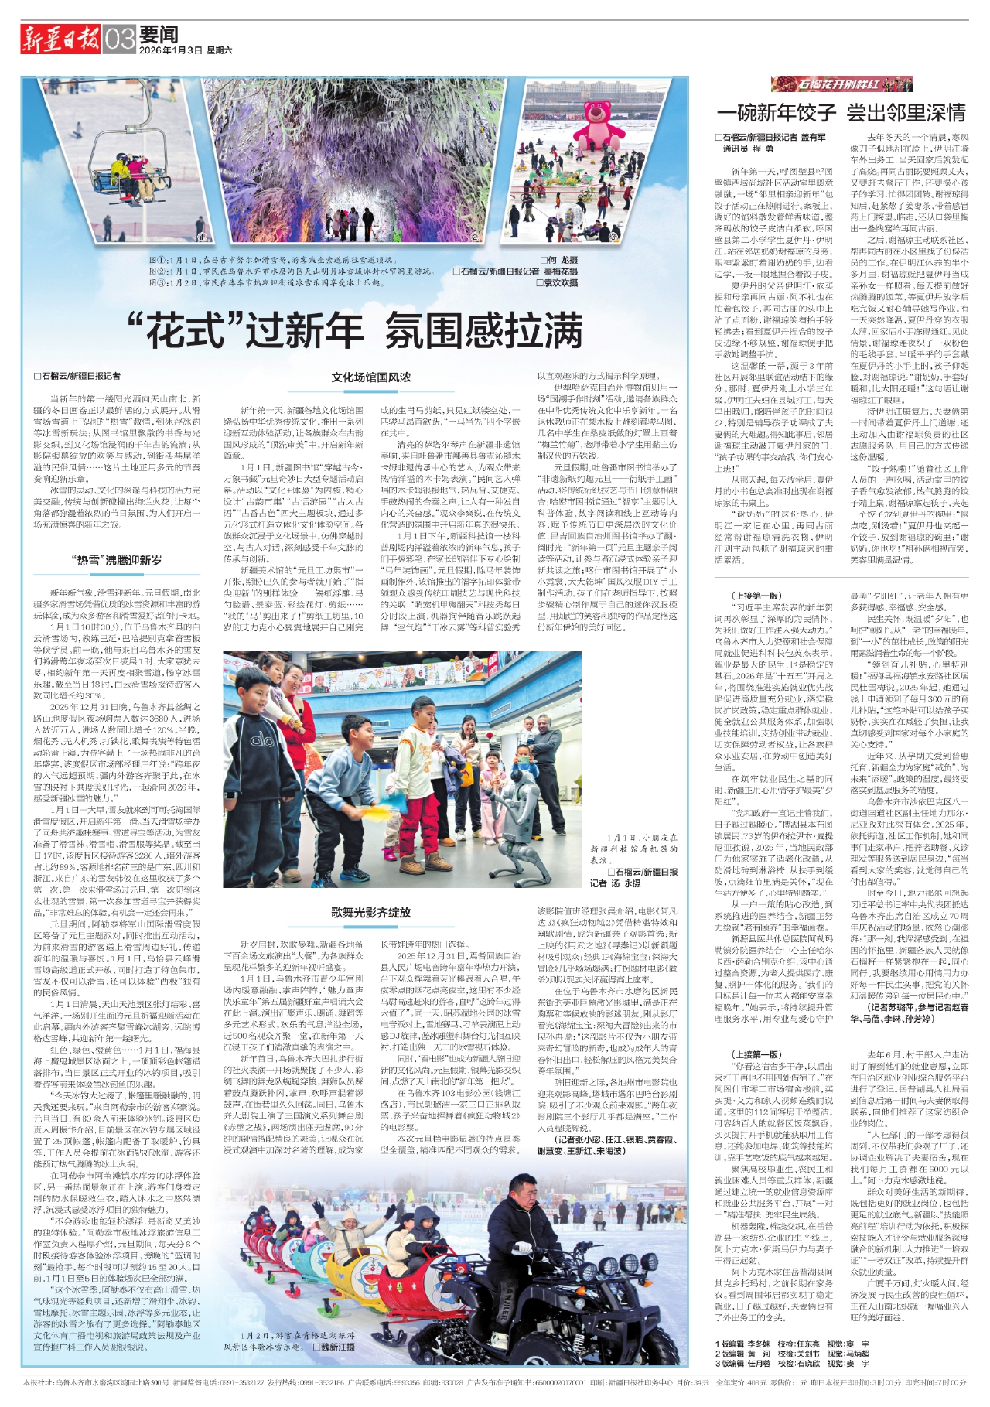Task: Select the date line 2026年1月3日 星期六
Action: click(186, 50)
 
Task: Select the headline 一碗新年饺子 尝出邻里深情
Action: click(841, 113)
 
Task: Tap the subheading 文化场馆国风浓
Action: click(371, 377)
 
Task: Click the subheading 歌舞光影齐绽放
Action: click(371, 912)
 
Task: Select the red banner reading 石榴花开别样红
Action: click(841, 84)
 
